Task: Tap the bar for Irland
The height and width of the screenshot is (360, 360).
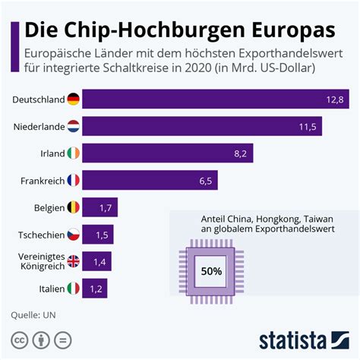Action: tap(167, 153)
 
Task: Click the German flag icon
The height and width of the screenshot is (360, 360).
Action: tap(73, 99)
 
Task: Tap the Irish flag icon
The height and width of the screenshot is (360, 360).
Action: tap(73, 153)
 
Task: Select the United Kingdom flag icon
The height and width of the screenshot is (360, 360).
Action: tap(73, 261)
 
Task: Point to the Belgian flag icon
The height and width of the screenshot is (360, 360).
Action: tap(73, 207)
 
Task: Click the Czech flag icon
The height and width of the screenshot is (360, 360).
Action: tap(73, 235)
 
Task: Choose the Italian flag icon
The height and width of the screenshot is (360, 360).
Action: tap(73, 289)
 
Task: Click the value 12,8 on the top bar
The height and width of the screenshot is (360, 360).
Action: tap(335, 99)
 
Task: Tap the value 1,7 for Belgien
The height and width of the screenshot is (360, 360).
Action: tap(105, 207)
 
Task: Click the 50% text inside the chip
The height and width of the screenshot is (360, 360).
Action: tap(211, 270)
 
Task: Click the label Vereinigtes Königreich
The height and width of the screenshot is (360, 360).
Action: tap(36, 261)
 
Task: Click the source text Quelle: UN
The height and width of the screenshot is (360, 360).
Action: tap(33, 314)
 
